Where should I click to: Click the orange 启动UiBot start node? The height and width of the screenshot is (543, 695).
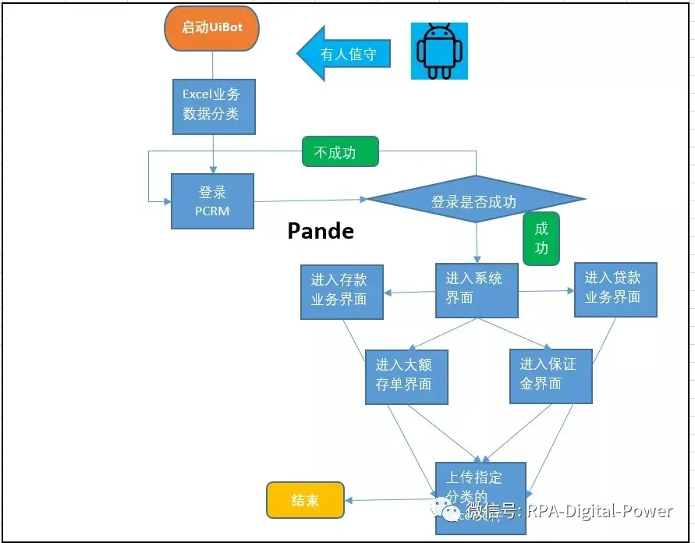click(211, 29)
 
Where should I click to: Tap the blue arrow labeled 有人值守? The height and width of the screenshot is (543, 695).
click(344, 54)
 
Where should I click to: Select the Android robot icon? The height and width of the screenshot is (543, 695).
click(439, 51)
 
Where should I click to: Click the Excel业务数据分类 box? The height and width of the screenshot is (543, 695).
click(213, 104)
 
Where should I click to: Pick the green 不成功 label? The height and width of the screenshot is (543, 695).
click(339, 152)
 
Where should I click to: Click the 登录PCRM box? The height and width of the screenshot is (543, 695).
click(212, 201)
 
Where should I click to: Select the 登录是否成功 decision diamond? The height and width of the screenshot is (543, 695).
click(476, 201)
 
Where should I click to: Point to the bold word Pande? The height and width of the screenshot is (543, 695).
click(321, 232)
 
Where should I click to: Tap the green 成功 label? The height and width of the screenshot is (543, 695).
click(541, 239)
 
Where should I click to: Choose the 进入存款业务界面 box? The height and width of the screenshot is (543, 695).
click(342, 290)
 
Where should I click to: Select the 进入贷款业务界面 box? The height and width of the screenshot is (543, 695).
click(615, 289)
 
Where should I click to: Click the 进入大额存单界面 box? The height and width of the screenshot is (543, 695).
click(406, 376)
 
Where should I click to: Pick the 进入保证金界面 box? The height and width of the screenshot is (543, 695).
click(551, 375)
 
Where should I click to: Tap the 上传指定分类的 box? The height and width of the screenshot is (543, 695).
click(480, 488)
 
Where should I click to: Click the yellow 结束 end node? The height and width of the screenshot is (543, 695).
click(305, 500)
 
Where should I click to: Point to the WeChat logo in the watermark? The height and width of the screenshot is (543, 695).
click(452, 511)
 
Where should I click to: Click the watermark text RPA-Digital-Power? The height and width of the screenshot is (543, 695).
click(599, 511)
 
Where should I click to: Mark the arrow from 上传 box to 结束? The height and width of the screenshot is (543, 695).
click(389, 499)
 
